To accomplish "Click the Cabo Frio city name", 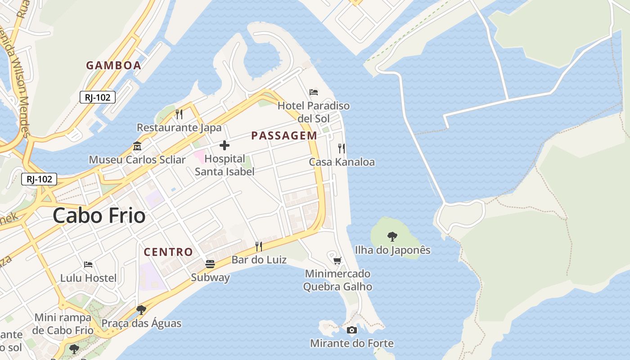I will pyautogui.click(x=99, y=216).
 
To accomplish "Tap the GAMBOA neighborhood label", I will pyautogui.click(x=113, y=65).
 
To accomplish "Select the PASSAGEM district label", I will pyautogui.click(x=284, y=135).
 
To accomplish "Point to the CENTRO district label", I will pyautogui.click(x=168, y=252).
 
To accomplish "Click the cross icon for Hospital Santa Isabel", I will pyautogui.click(x=224, y=145).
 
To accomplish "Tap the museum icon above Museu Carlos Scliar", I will pyautogui.click(x=137, y=146).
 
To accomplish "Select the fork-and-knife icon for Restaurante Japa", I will pyautogui.click(x=179, y=114).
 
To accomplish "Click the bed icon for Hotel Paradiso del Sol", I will pyautogui.click(x=314, y=92).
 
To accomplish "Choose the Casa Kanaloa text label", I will pyautogui.click(x=342, y=162).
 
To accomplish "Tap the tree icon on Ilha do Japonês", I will pyautogui.click(x=392, y=236).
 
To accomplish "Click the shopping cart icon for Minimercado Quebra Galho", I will pyautogui.click(x=337, y=261).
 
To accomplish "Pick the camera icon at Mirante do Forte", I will pyautogui.click(x=352, y=330).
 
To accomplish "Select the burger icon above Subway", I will pyautogui.click(x=210, y=264).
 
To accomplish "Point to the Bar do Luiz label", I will pyautogui.click(x=259, y=260).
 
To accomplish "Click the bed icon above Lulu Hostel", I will pyautogui.click(x=88, y=264).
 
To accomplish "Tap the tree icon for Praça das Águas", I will pyautogui.click(x=141, y=310).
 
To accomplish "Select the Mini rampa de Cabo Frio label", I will pyautogui.click(x=63, y=324).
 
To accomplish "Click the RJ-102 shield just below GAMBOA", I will pyautogui.click(x=98, y=97).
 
